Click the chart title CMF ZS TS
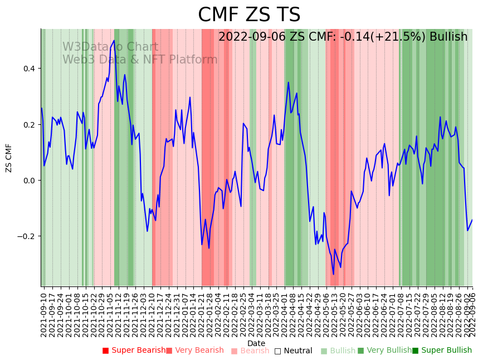click(249, 15)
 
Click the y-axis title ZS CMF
click(9, 158)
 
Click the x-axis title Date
click(256, 343)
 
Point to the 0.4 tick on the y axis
click(28, 69)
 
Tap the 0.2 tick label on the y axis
click(28, 124)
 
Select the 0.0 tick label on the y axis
click(28, 180)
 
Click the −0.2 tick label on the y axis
click(26, 236)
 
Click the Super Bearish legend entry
click(134, 351)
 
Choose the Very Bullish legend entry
click(384, 351)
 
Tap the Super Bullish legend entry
click(442, 351)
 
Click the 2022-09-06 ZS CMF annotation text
click(343, 37)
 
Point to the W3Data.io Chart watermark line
click(110, 47)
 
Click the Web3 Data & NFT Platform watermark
click(140, 60)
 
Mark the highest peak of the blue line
click(114, 40)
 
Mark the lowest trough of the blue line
click(334, 274)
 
